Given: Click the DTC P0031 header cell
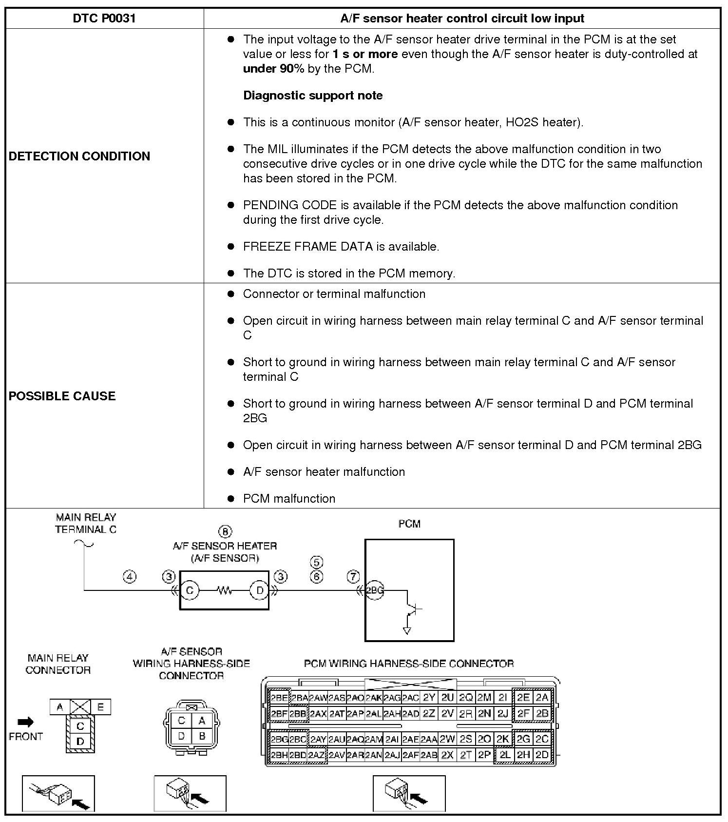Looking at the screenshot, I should (x=104, y=19).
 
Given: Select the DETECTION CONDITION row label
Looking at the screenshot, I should (x=79, y=156).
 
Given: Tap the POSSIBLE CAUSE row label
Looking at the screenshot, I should (x=62, y=396).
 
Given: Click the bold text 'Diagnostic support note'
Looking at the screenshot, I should (x=313, y=95).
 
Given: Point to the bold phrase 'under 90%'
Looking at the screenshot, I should (x=273, y=69).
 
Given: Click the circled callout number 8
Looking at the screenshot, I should (x=225, y=531).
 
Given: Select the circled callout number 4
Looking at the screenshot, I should (x=129, y=577).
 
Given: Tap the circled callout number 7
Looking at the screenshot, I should (x=353, y=577).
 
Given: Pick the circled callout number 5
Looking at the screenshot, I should (x=316, y=562).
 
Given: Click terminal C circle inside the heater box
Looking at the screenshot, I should (x=190, y=590).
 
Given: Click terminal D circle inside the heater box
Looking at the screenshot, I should (x=260, y=590).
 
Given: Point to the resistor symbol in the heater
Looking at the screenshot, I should (x=225, y=590).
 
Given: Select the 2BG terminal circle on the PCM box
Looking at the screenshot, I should (x=374, y=590).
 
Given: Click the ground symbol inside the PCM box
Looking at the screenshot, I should (x=407, y=630).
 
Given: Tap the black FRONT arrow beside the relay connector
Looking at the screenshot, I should (x=26, y=722).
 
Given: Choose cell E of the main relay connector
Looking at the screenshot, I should (x=100, y=707).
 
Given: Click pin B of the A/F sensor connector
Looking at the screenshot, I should (x=202, y=736).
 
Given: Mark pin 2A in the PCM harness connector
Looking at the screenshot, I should (x=542, y=698).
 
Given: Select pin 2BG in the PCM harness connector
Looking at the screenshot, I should (x=279, y=740).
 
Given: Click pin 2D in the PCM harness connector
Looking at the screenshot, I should (x=542, y=755).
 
